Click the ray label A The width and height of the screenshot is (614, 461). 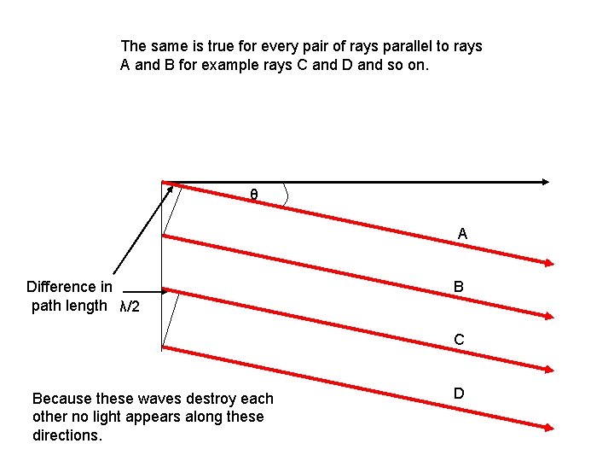click(x=462, y=233)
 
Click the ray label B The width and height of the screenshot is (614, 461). click(x=459, y=288)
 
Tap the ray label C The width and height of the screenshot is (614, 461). click(x=459, y=340)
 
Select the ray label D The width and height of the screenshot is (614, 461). click(x=459, y=393)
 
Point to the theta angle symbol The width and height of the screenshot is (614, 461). click(x=254, y=195)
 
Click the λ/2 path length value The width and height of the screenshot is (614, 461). click(x=130, y=306)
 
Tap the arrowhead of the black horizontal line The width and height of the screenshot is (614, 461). click(x=545, y=181)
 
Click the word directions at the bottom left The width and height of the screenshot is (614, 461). click(x=67, y=435)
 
